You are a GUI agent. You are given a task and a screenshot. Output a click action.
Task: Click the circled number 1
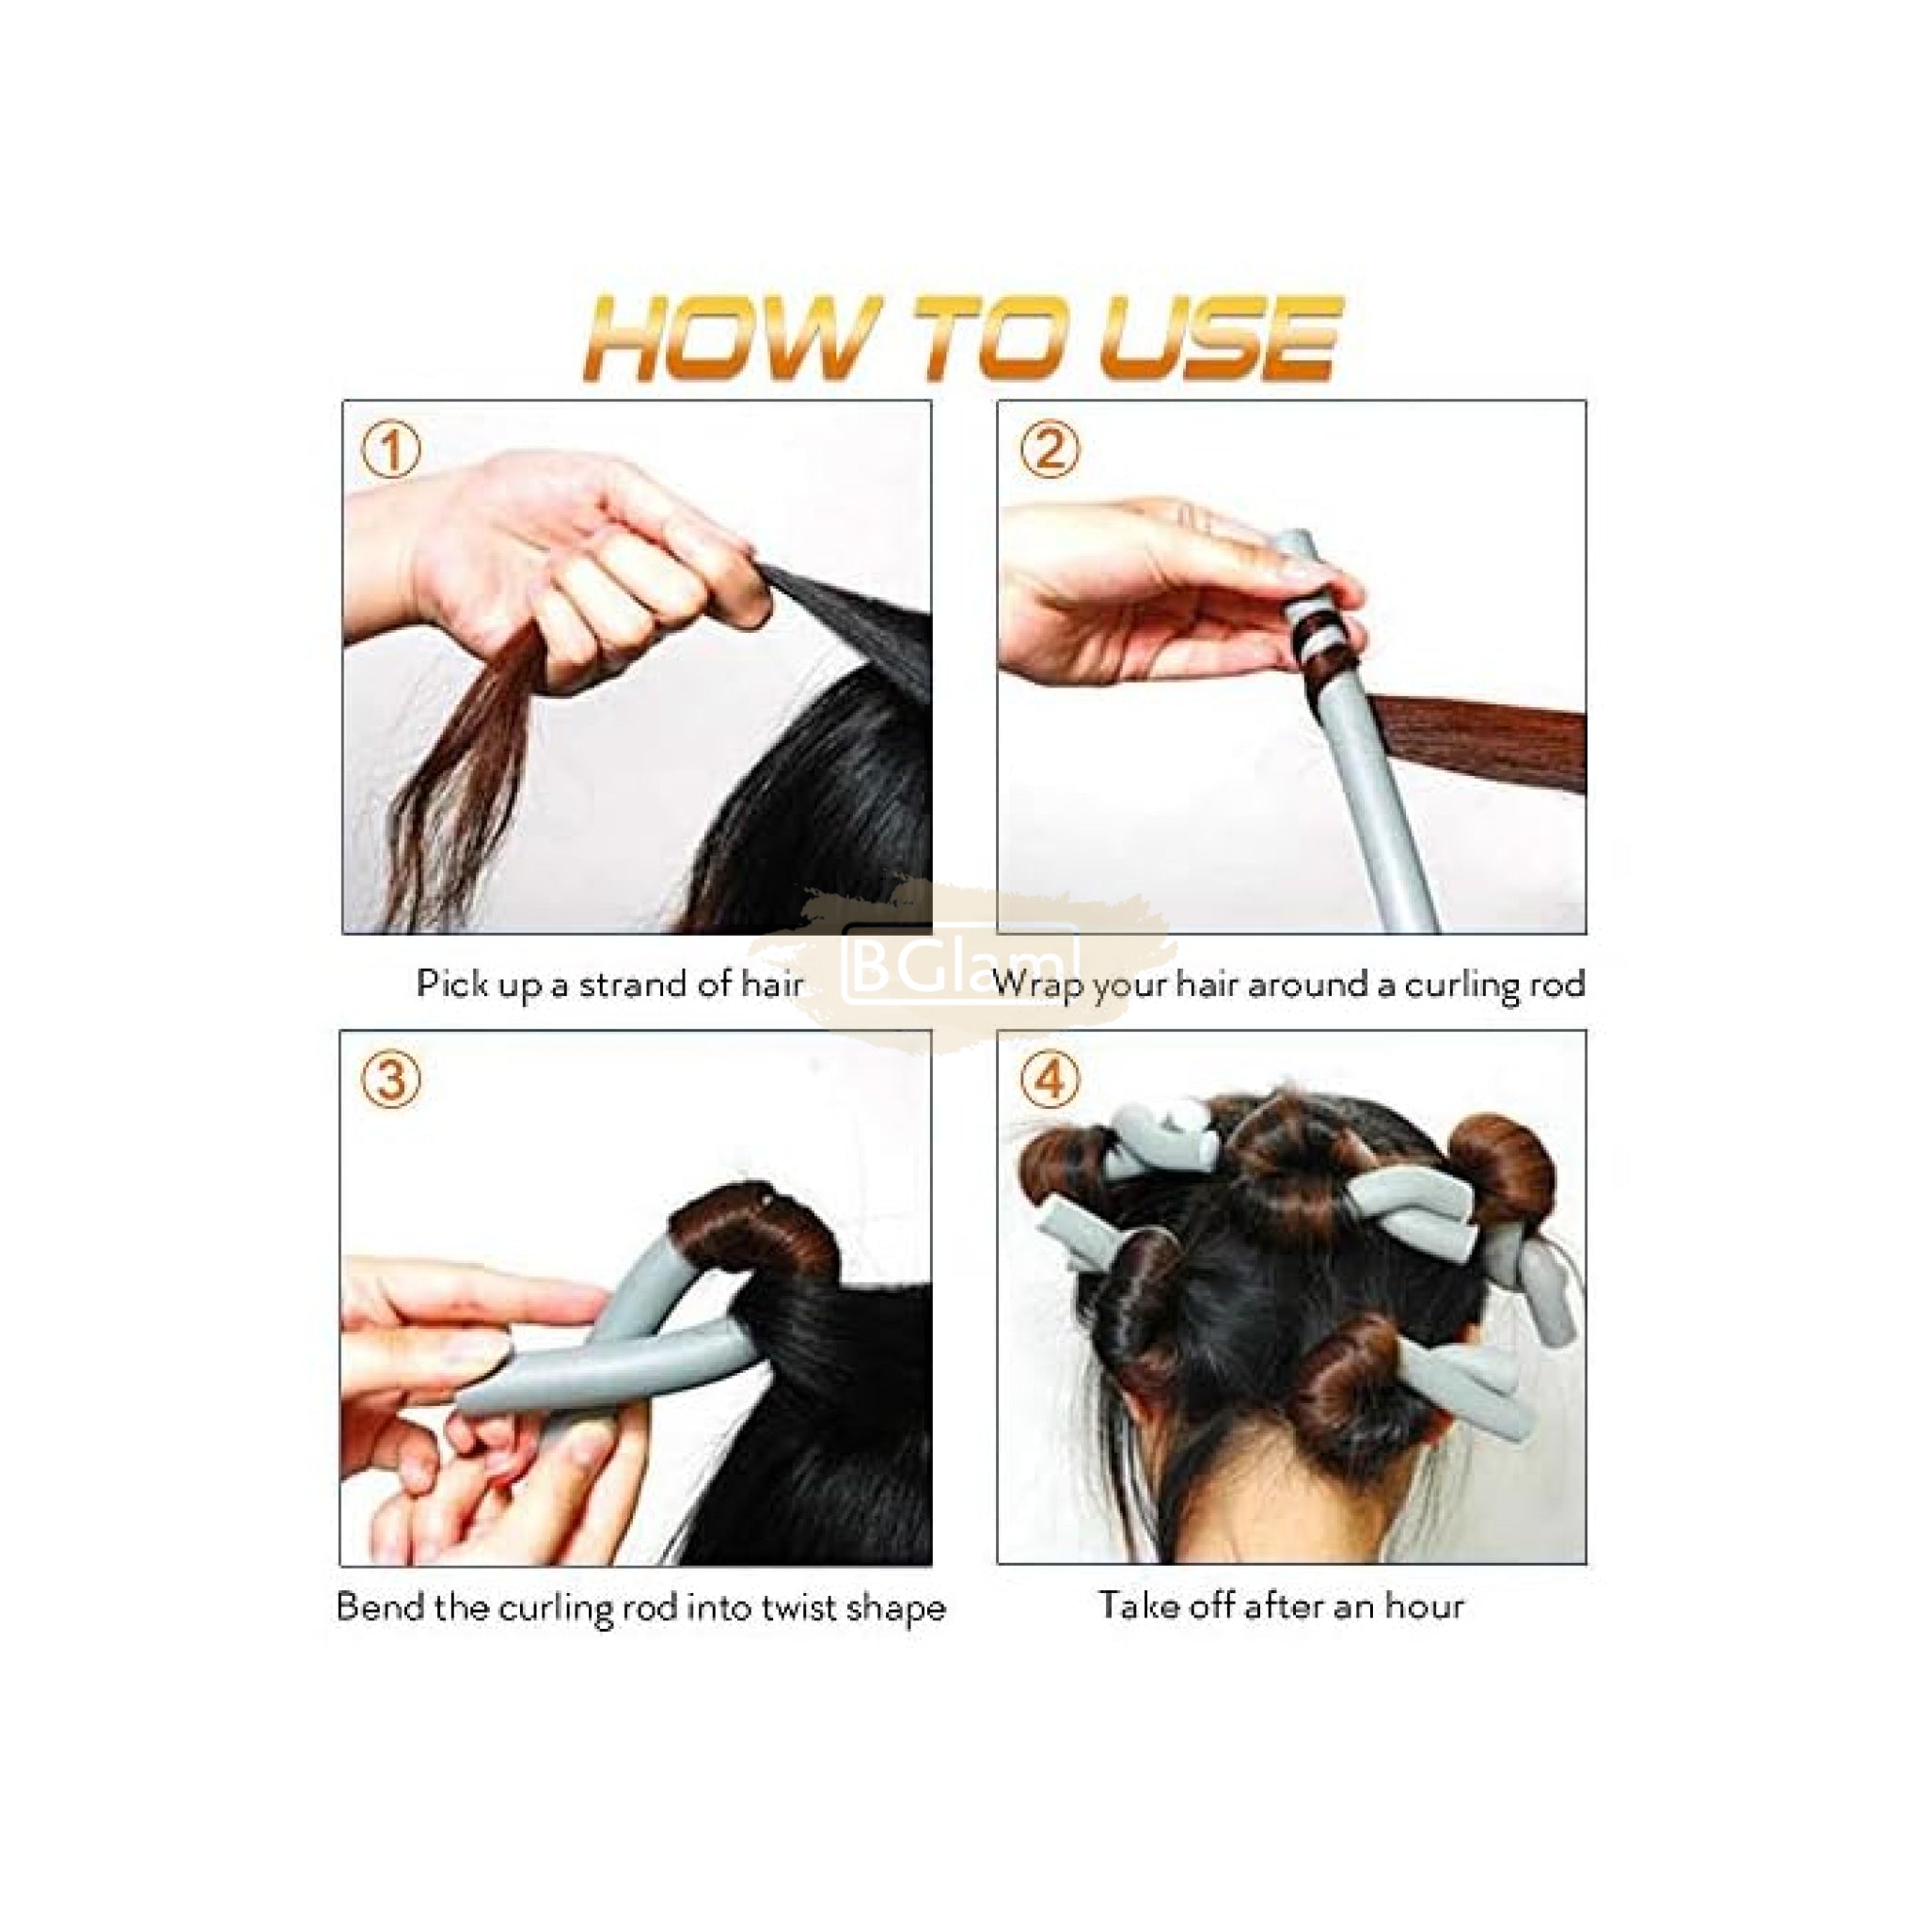(x=391, y=450)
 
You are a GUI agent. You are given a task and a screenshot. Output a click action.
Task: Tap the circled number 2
(x=1050, y=450)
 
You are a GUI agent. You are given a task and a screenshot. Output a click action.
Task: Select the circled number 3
(x=391, y=1080)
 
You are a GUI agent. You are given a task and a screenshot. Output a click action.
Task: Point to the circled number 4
(x=1050, y=1080)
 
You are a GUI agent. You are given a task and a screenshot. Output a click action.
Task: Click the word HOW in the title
(x=729, y=339)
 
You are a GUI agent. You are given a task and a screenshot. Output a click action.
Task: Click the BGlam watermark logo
(x=962, y=964)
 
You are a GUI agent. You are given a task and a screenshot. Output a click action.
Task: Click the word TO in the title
(x=997, y=339)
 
